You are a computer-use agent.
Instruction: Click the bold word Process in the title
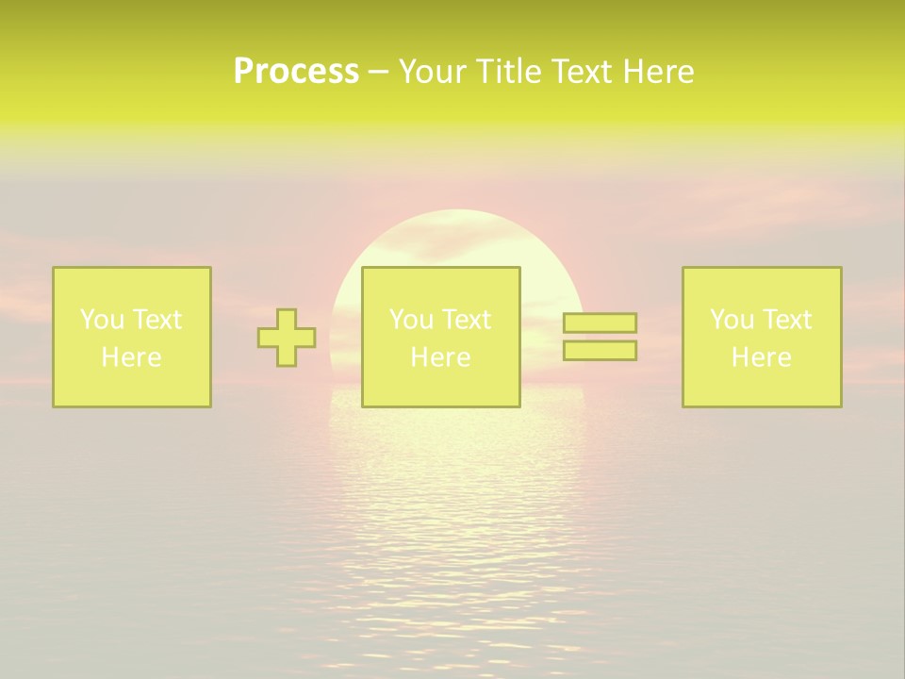click(x=296, y=72)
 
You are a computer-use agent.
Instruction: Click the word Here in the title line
click(x=658, y=72)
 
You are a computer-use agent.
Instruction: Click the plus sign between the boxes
click(x=287, y=338)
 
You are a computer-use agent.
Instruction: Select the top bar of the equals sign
click(x=600, y=323)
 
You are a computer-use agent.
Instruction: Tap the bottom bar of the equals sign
click(x=600, y=351)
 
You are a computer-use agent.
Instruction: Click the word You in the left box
click(x=101, y=320)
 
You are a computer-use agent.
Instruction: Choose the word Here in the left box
click(x=131, y=357)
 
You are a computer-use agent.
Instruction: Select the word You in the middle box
click(x=410, y=320)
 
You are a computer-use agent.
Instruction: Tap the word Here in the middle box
click(x=440, y=357)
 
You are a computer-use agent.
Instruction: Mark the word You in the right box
click(x=731, y=320)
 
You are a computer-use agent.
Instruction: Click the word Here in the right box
click(x=761, y=357)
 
